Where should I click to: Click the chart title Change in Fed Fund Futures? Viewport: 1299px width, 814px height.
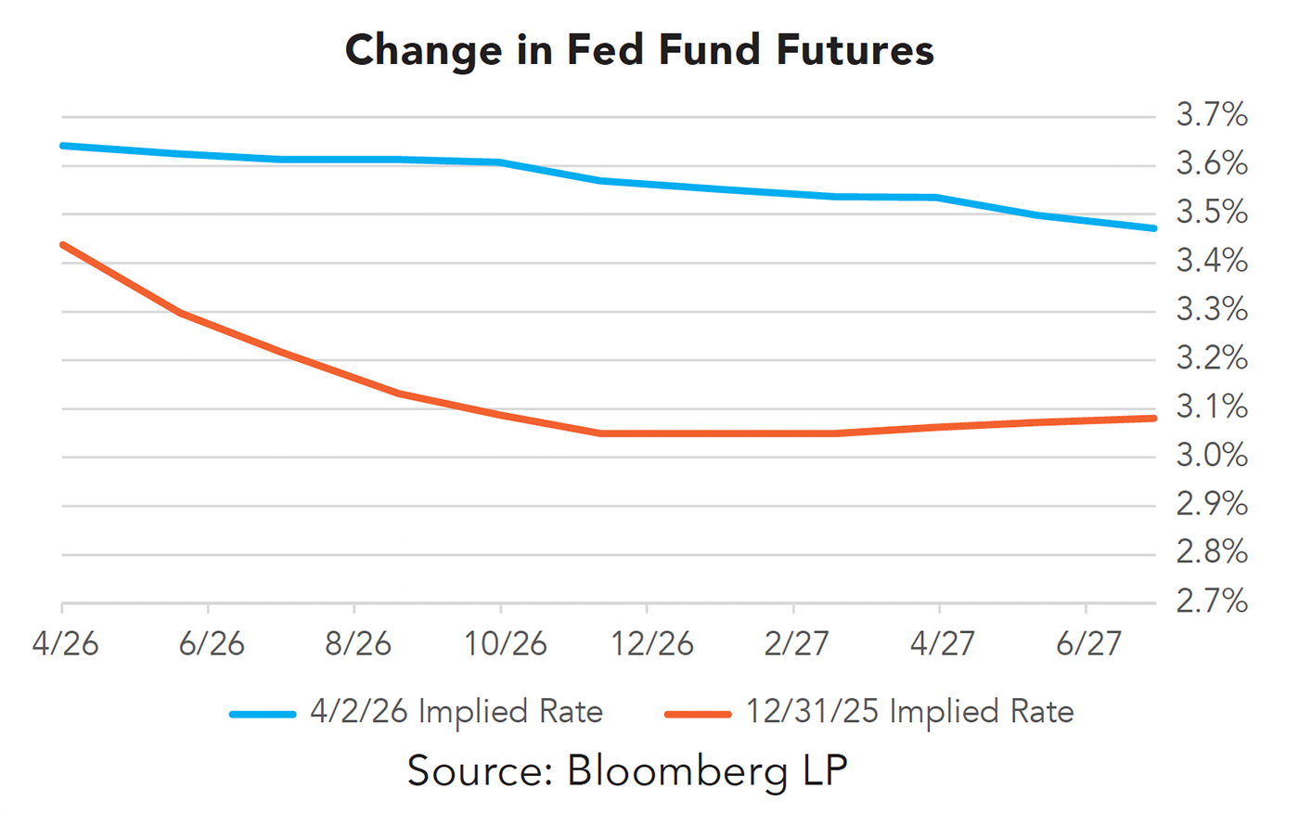tap(639, 50)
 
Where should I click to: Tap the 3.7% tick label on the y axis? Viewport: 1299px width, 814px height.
tap(1212, 115)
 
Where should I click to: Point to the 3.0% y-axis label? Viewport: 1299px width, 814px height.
tap(1212, 456)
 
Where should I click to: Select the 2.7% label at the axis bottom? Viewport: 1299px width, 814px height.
tap(1212, 601)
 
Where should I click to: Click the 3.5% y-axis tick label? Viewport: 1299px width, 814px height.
tap(1212, 213)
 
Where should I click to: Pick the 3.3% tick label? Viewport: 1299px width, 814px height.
tap(1212, 310)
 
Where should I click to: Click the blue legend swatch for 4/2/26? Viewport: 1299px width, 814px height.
tap(263, 714)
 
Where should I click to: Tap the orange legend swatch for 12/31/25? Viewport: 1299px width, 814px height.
tap(698, 714)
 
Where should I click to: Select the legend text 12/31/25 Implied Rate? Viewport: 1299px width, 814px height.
tap(909, 712)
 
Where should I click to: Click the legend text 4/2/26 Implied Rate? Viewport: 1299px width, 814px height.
tap(457, 712)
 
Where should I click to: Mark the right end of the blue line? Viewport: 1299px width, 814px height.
tap(1153, 227)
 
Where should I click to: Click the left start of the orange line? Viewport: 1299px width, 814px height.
tap(63, 245)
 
